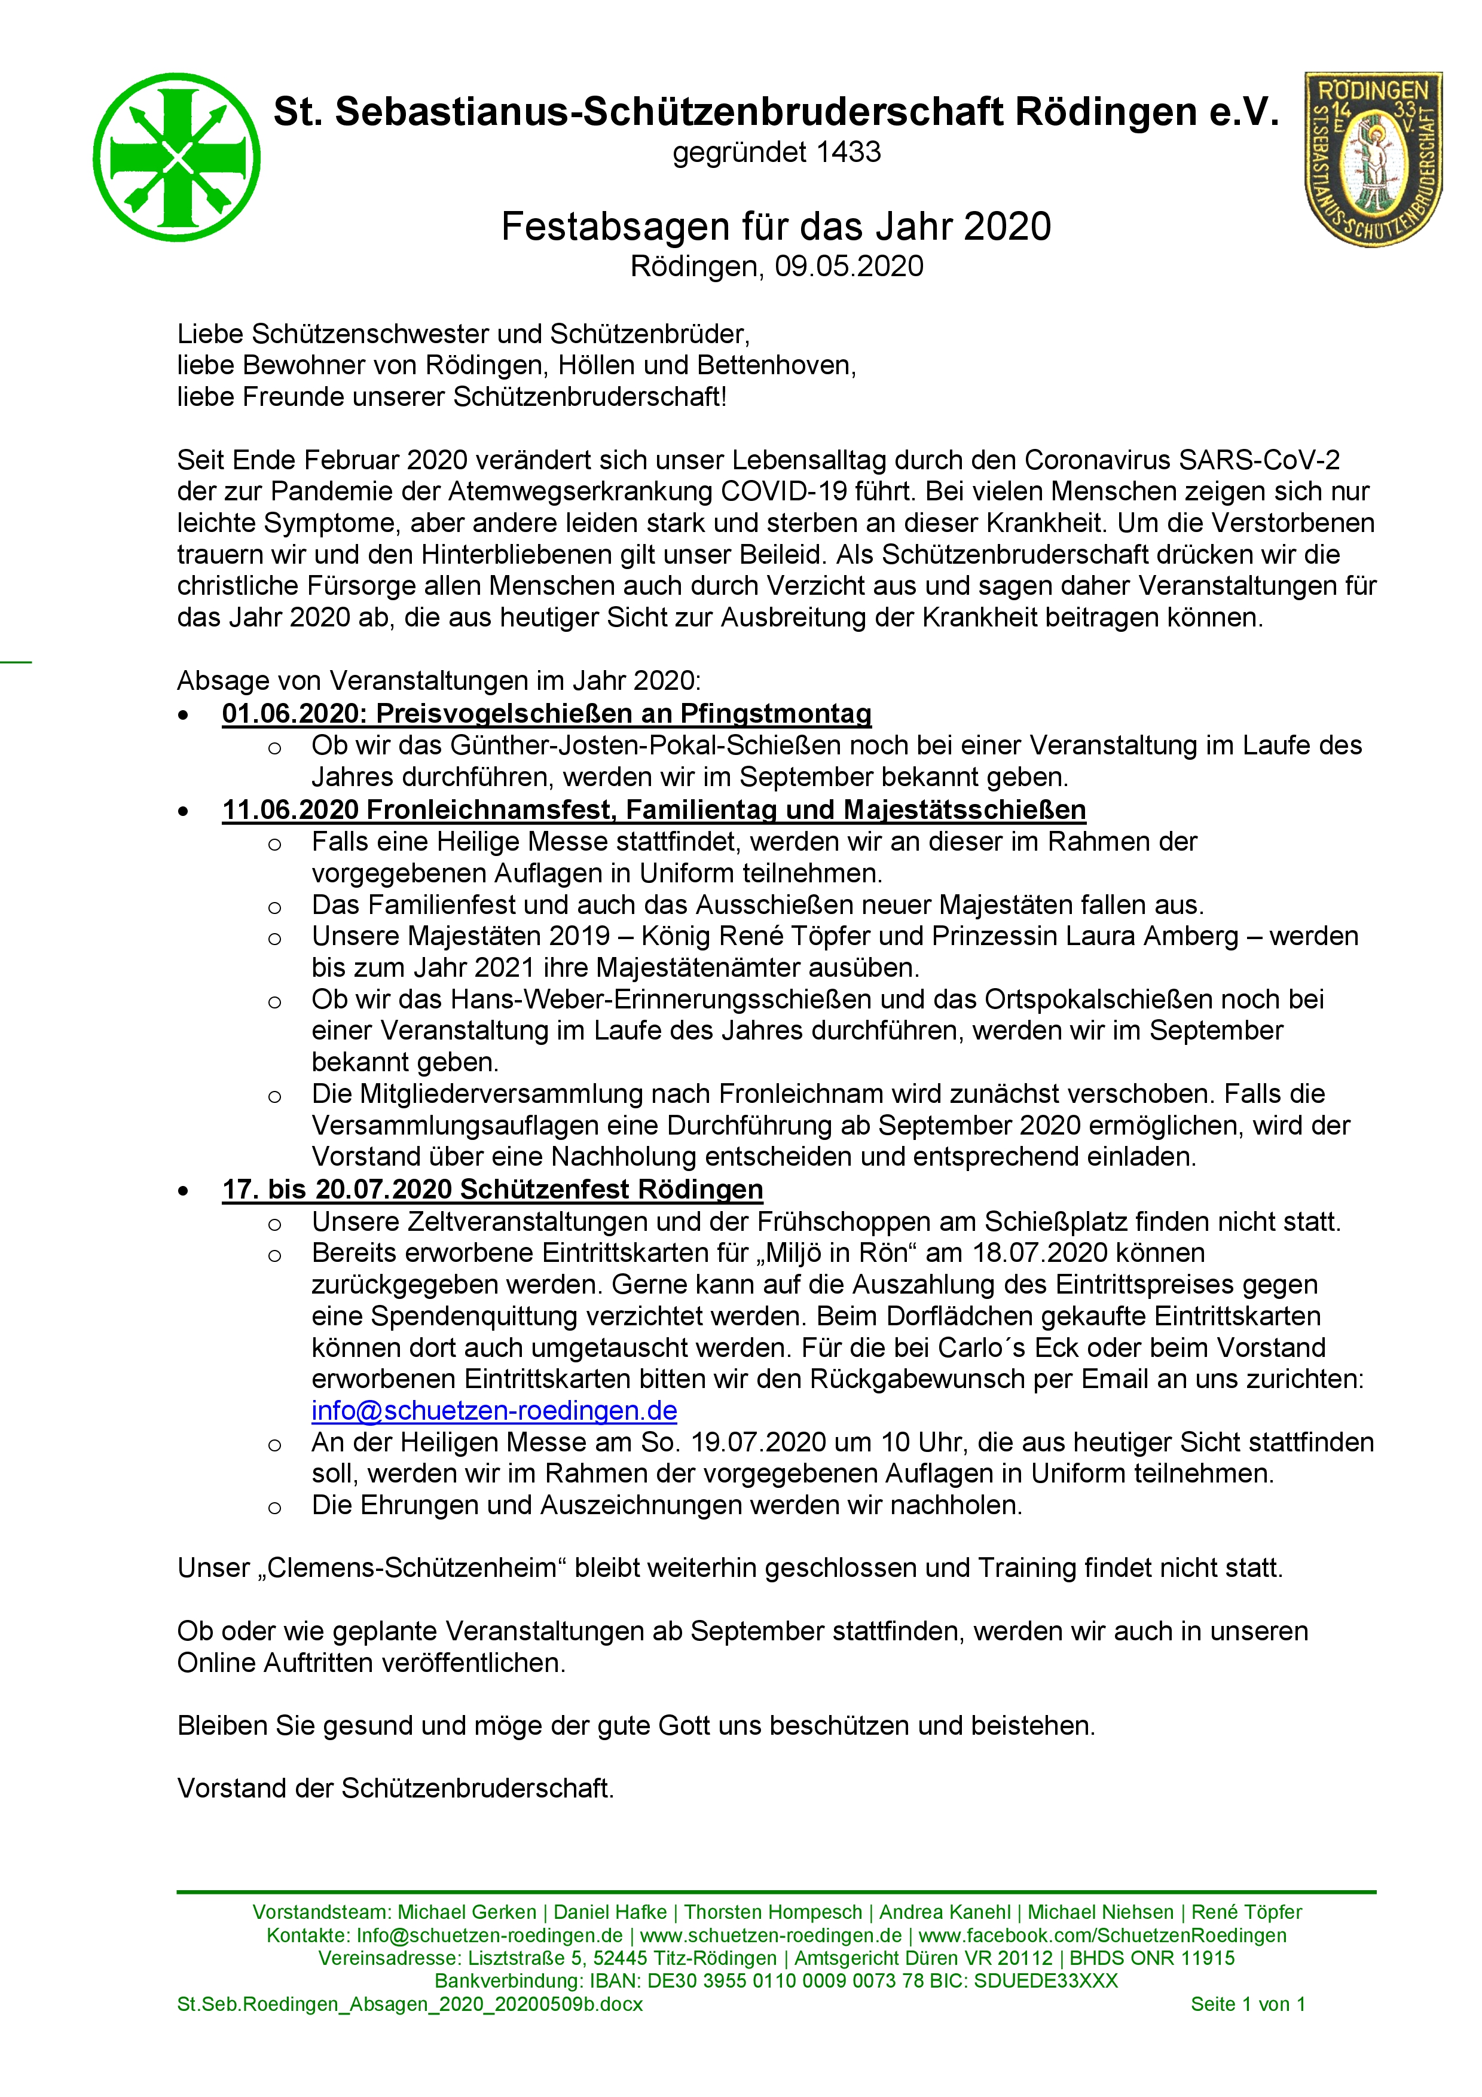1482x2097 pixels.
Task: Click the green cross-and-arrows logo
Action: [176, 157]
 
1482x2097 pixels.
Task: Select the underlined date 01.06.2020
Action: [292, 713]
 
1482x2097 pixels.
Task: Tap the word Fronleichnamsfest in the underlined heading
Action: [494, 810]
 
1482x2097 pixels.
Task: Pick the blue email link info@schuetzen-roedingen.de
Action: [494, 1411]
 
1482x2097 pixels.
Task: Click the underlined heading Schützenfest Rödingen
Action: [611, 1190]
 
